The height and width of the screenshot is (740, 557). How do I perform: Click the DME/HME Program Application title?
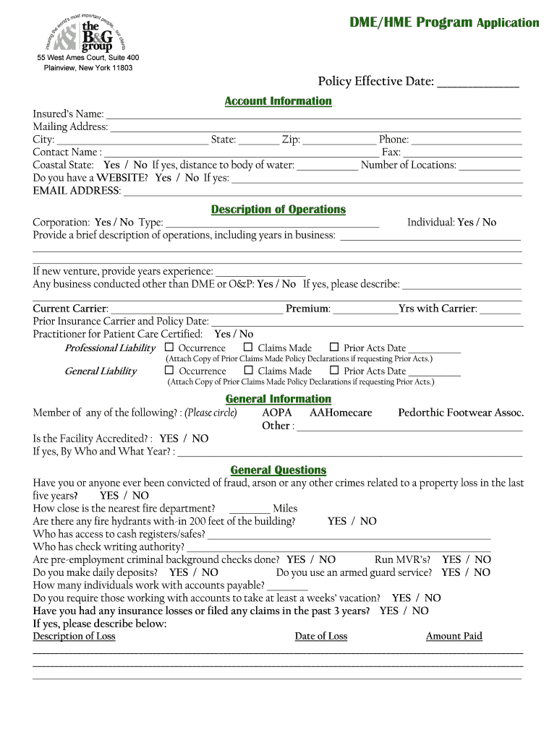444,22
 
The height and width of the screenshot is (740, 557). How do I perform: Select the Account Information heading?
278,101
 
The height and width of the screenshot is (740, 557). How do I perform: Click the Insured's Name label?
68,114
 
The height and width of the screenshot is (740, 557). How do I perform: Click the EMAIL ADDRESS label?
77,191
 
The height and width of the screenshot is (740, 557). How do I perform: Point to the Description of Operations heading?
278,210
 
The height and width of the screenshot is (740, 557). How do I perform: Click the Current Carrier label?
70,309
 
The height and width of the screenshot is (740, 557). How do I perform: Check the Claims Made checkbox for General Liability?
247,371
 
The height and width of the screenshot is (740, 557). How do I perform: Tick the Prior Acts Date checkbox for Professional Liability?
334,348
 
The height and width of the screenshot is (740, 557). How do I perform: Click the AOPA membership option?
277,413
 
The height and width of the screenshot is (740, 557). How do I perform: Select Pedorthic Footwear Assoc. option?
461,413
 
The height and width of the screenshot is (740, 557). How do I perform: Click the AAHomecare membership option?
341,413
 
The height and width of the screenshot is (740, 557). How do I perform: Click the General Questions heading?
278,470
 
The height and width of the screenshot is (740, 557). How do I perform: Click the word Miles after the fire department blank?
285,508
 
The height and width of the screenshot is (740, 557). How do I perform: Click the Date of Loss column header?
320,636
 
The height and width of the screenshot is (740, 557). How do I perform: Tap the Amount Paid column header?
454,636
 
